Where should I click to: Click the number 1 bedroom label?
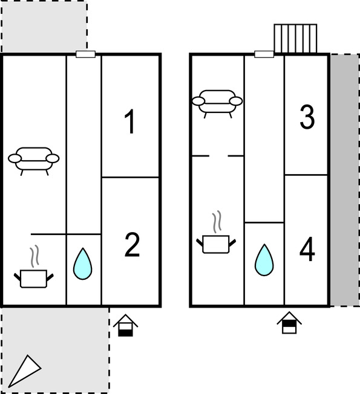[130, 121]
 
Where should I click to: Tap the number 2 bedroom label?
[132, 245]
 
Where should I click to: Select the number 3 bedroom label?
[307, 117]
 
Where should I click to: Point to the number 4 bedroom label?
[307, 249]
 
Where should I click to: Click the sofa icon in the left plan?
[34, 161]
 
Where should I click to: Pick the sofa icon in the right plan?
[217, 103]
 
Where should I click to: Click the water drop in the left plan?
[82, 263]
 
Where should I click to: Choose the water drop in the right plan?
[264, 260]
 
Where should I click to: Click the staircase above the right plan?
[295, 39]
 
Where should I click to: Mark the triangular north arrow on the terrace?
[25, 370]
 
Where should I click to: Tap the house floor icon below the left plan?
[125, 325]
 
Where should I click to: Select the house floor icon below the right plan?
[289, 323]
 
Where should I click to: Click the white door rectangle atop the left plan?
[85, 54]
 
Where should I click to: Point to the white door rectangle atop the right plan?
[264, 54]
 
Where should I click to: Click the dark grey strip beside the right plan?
[345, 180]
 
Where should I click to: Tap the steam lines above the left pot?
[34, 256]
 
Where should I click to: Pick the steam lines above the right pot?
[217, 221]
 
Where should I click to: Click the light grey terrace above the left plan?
[44, 26]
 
